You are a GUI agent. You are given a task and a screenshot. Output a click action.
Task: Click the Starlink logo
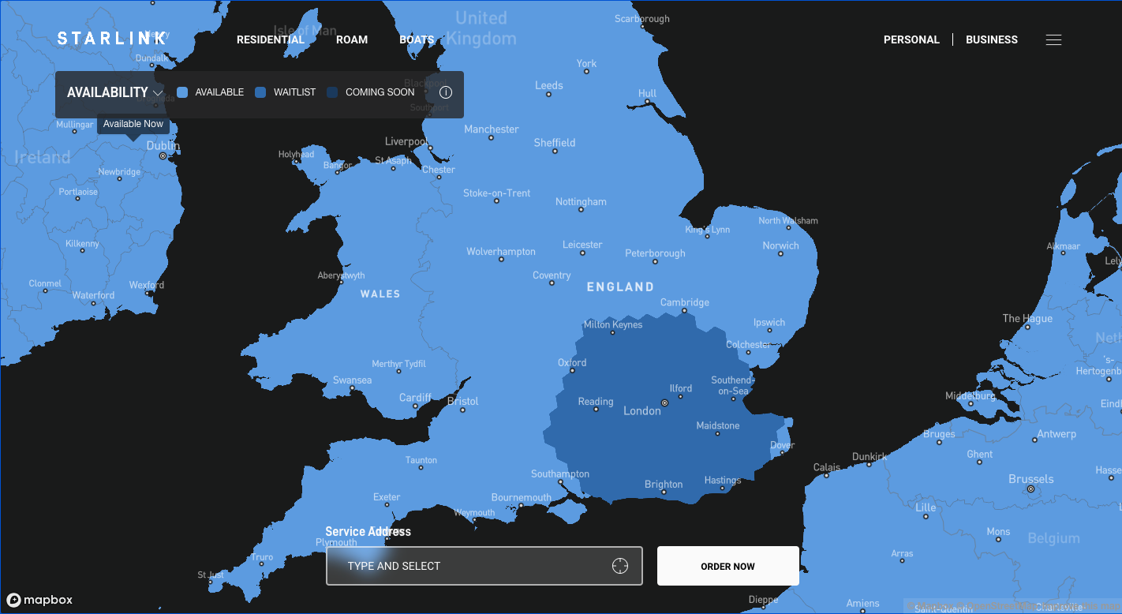point(112,39)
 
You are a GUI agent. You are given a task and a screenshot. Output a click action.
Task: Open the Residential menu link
point(271,39)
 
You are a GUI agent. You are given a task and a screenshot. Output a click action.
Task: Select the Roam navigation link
point(352,39)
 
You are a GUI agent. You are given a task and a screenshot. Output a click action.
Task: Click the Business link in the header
point(992,39)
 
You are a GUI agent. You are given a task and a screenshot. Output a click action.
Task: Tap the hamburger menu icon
point(1053,39)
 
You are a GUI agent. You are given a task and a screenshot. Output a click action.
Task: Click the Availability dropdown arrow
point(158,93)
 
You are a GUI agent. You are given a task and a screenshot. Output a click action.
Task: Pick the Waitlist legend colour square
point(261,92)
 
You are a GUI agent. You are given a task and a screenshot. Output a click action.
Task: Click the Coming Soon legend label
point(380,92)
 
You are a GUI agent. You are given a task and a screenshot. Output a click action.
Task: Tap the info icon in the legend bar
point(446,92)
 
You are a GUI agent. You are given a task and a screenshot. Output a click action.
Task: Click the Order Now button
point(727,566)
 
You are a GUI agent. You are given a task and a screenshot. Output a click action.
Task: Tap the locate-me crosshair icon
point(620,566)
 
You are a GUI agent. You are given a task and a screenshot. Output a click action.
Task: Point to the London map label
point(642,410)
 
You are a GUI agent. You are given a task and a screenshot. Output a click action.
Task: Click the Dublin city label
point(163,146)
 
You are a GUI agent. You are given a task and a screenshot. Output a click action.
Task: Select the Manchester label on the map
point(492,129)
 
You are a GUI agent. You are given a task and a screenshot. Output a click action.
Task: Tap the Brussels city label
point(1030,479)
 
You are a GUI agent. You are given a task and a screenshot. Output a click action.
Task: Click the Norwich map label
point(780,245)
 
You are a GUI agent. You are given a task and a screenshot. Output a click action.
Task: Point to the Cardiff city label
point(415,397)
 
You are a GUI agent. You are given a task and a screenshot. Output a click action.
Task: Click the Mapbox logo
point(39,600)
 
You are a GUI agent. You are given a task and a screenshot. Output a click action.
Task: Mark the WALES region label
point(380,294)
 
